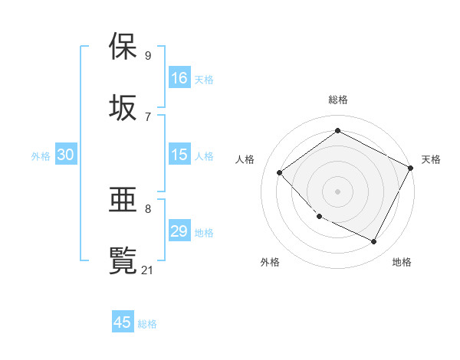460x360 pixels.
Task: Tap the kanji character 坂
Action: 123,107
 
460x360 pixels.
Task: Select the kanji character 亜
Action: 123,201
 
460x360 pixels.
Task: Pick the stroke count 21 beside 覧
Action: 148,269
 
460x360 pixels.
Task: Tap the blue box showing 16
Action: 179,78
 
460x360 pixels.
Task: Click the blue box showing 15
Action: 179,155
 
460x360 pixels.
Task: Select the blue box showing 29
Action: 179,231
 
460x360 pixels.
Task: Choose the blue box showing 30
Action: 66,155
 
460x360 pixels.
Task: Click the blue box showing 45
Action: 123,322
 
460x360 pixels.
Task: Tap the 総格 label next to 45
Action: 147,324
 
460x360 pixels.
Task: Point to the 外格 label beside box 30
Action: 41,156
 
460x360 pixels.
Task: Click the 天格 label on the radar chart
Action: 431,159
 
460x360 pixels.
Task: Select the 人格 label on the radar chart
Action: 245,159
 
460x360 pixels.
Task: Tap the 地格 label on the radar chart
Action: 402,262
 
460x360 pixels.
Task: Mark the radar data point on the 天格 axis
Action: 411,168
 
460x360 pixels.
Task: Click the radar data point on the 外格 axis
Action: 319,217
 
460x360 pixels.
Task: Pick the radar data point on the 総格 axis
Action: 337,131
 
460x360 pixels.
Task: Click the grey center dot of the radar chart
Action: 337,191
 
